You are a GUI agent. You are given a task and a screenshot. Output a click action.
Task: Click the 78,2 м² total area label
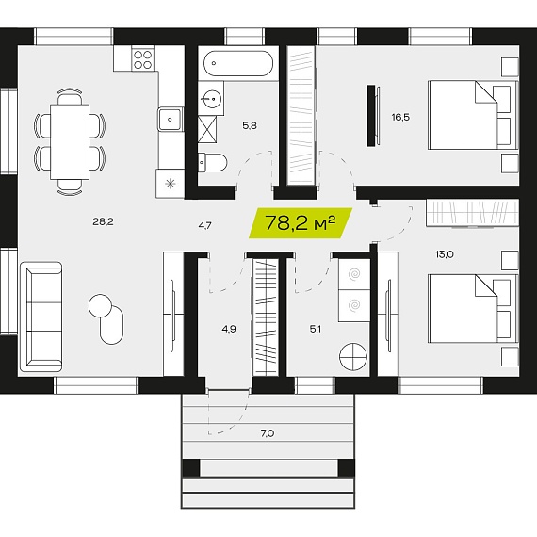tap(300, 223)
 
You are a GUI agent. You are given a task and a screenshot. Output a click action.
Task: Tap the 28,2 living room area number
tap(103, 222)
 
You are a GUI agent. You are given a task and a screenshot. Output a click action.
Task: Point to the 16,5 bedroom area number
tap(400, 118)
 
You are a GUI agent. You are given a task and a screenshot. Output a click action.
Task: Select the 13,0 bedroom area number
tap(445, 254)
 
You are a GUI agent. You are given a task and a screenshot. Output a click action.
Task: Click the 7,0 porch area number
tap(268, 433)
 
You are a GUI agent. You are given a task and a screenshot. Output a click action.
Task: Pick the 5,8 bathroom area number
tap(250, 125)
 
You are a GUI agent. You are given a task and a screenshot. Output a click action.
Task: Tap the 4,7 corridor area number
tap(204, 226)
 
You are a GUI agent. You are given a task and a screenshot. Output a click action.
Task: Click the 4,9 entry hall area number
tap(229, 329)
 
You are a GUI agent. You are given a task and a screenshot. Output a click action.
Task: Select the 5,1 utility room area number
tap(316, 329)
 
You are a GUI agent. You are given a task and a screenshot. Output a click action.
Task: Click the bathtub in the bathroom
tap(238, 63)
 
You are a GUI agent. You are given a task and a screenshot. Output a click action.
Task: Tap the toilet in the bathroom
tap(213, 162)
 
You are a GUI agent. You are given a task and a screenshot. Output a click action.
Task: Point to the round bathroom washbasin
tap(211, 99)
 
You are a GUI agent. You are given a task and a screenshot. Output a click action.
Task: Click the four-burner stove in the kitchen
tap(142, 59)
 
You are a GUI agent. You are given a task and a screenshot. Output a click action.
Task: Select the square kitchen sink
tap(170, 119)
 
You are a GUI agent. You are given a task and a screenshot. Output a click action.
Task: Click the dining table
tap(70, 141)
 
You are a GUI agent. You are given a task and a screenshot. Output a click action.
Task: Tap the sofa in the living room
tap(41, 317)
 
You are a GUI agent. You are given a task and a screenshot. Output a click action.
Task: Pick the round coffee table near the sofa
tap(101, 305)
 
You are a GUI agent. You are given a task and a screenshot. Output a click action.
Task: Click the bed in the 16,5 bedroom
tap(473, 115)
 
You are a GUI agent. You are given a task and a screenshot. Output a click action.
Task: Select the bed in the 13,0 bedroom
tap(473, 308)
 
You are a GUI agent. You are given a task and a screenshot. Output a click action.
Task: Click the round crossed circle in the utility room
tap(353, 356)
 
